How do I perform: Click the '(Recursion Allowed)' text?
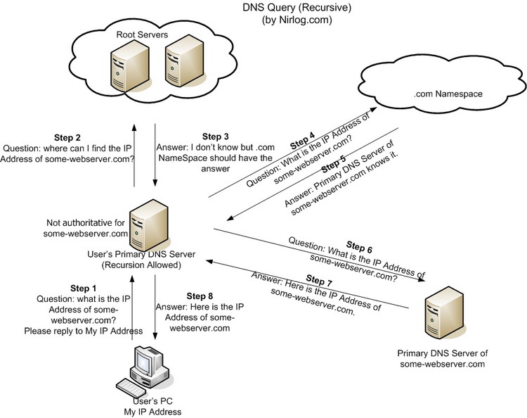pos(152,265)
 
